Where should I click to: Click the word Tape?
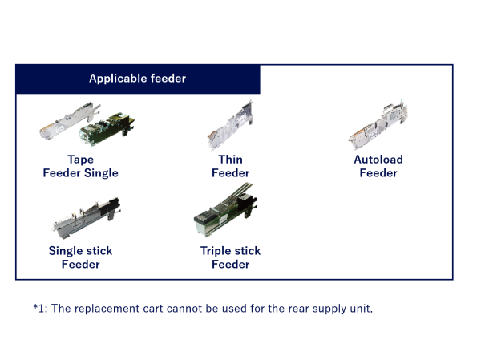[80, 160]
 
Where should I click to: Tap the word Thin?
[231, 160]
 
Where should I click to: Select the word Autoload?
[378, 160]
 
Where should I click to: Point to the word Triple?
[217, 251]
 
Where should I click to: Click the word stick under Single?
[98, 251]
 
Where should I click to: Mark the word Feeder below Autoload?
[378, 173]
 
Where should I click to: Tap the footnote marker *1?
[41, 308]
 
